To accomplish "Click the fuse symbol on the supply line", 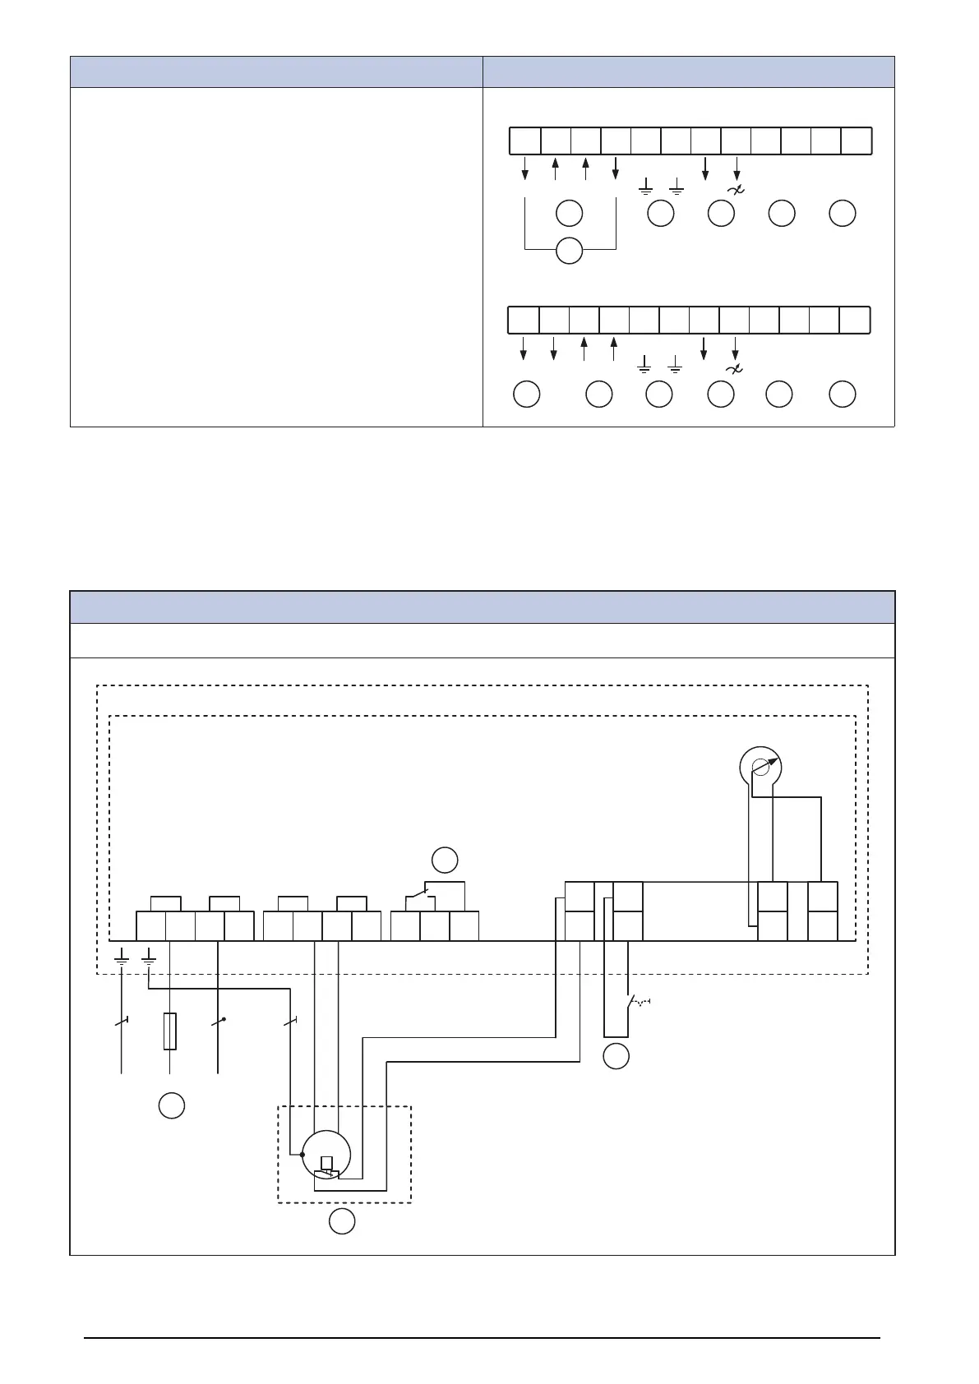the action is click(x=169, y=1031).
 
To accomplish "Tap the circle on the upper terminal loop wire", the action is click(x=569, y=251).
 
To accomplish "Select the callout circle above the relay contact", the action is click(x=445, y=860).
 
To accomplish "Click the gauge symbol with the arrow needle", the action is click(x=761, y=767).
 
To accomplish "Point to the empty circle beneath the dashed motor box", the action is click(x=342, y=1221).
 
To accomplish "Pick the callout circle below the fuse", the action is click(x=171, y=1105).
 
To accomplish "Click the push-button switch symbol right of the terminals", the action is click(x=638, y=1003).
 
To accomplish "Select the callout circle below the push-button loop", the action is click(x=616, y=1056).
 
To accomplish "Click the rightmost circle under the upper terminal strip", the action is click(x=842, y=214).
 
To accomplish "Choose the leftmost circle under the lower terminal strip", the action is click(x=526, y=394).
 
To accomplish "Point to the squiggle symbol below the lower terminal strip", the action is click(x=734, y=369).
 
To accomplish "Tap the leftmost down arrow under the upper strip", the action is click(x=525, y=168).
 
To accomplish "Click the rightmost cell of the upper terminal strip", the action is click(x=857, y=141).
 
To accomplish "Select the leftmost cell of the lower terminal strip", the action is click(x=523, y=320).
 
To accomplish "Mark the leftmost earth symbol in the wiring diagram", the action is click(x=122, y=956).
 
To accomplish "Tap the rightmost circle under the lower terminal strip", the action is click(x=842, y=394).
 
